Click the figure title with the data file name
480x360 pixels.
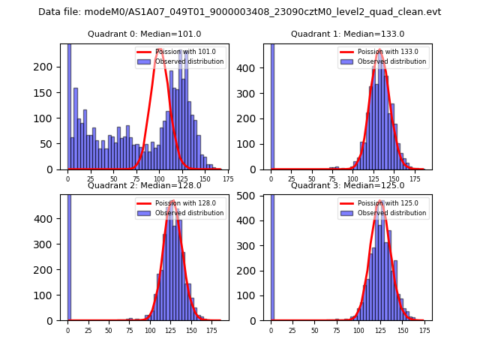pyautogui.click(x=240, y=12)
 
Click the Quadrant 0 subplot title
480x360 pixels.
pyautogui.click(x=145, y=34)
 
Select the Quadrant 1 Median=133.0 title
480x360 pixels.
pyautogui.click(x=347, y=34)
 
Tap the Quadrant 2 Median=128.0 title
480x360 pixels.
pyautogui.click(x=145, y=185)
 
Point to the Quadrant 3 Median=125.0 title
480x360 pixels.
pyautogui.click(x=347, y=185)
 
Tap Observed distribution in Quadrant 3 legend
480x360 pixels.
pyautogui.click(x=394, y=213)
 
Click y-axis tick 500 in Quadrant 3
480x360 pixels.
pyautogui.click(x=253, y=196)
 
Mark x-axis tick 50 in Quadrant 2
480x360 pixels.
pyautogui.click(x=109, y=330)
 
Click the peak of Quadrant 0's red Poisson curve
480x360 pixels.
pyautogui.click(x=160, y=49)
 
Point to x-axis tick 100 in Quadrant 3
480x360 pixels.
pyautogui.click(x=358, y=330)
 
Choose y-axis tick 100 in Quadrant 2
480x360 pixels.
pyautogui.click(x=50, y=295)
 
